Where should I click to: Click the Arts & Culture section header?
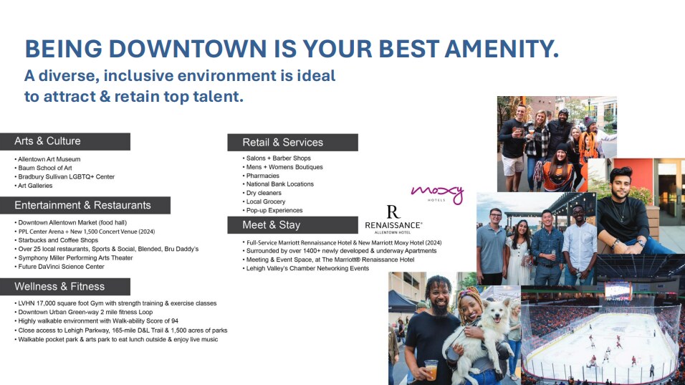(65, 141)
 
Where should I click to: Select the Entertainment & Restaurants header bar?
(85, 205)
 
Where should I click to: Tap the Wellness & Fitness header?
(65, 287)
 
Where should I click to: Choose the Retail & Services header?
(292, 143)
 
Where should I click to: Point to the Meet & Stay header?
(292, 225)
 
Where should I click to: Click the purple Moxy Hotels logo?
(437, 194)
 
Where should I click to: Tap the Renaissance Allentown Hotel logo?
(393, 220)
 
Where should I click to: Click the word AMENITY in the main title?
(502, 49)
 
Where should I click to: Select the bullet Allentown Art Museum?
(49, 159)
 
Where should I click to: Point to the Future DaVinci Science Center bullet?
(61, 266)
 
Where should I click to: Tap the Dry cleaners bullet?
(264, 193)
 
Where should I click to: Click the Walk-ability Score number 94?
(174, 320)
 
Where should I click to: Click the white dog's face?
(496, 313)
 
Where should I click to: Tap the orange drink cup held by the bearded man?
(431, 369)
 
